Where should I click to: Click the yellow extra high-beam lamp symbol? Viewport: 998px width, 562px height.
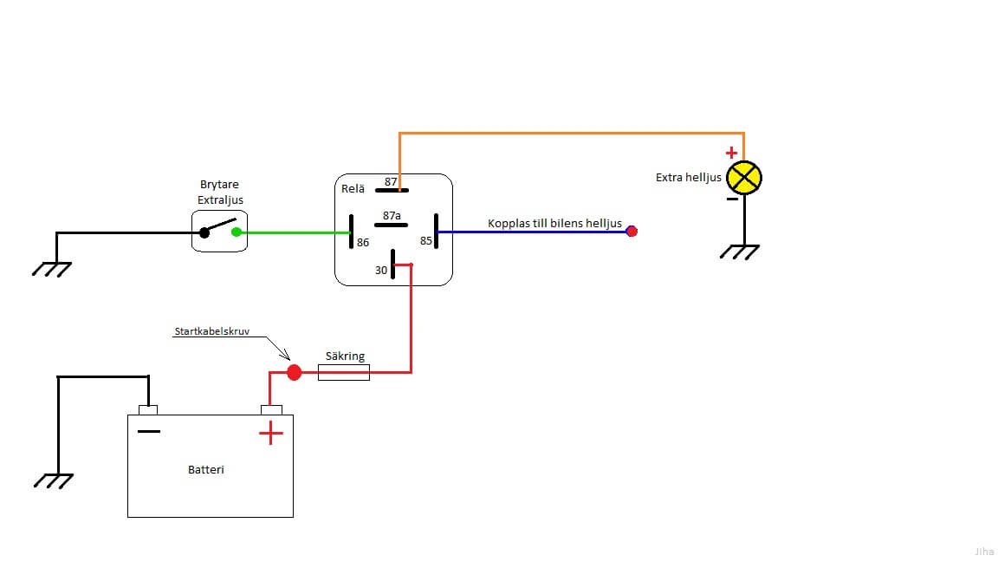743,178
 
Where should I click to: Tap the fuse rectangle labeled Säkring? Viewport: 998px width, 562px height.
344,372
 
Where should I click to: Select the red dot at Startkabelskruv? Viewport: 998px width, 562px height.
294,372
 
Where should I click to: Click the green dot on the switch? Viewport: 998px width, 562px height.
237,232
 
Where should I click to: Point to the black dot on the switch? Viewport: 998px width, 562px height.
204,232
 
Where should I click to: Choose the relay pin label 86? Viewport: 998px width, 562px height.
363,243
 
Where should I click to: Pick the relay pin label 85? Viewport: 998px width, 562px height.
425,241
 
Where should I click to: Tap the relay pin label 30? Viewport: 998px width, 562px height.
381,271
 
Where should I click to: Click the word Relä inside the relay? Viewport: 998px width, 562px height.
353,188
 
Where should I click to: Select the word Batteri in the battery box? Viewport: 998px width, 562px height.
206,469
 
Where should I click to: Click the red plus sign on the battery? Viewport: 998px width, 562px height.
271,432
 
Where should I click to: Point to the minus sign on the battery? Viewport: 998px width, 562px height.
149,431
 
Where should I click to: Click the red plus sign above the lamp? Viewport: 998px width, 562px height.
731,153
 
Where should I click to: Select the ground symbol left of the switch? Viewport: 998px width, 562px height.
52,269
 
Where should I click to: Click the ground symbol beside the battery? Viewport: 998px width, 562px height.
54,480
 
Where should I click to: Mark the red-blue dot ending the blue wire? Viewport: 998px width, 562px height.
632,231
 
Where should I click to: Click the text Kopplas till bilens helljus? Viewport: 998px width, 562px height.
554,224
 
